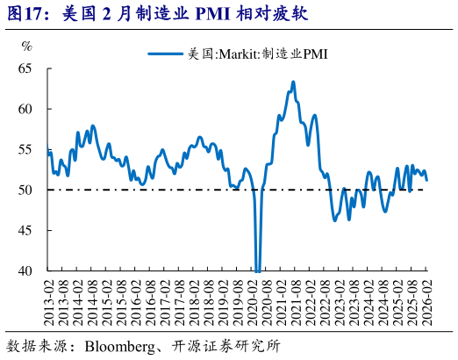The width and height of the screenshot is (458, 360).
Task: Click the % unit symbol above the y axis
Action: click(27, 46)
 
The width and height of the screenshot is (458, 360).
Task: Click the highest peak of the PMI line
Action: click(293, 83)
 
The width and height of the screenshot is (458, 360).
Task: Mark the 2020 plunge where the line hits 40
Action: click(258, 269)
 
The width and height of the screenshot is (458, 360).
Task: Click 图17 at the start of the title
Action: click(23, 15)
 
